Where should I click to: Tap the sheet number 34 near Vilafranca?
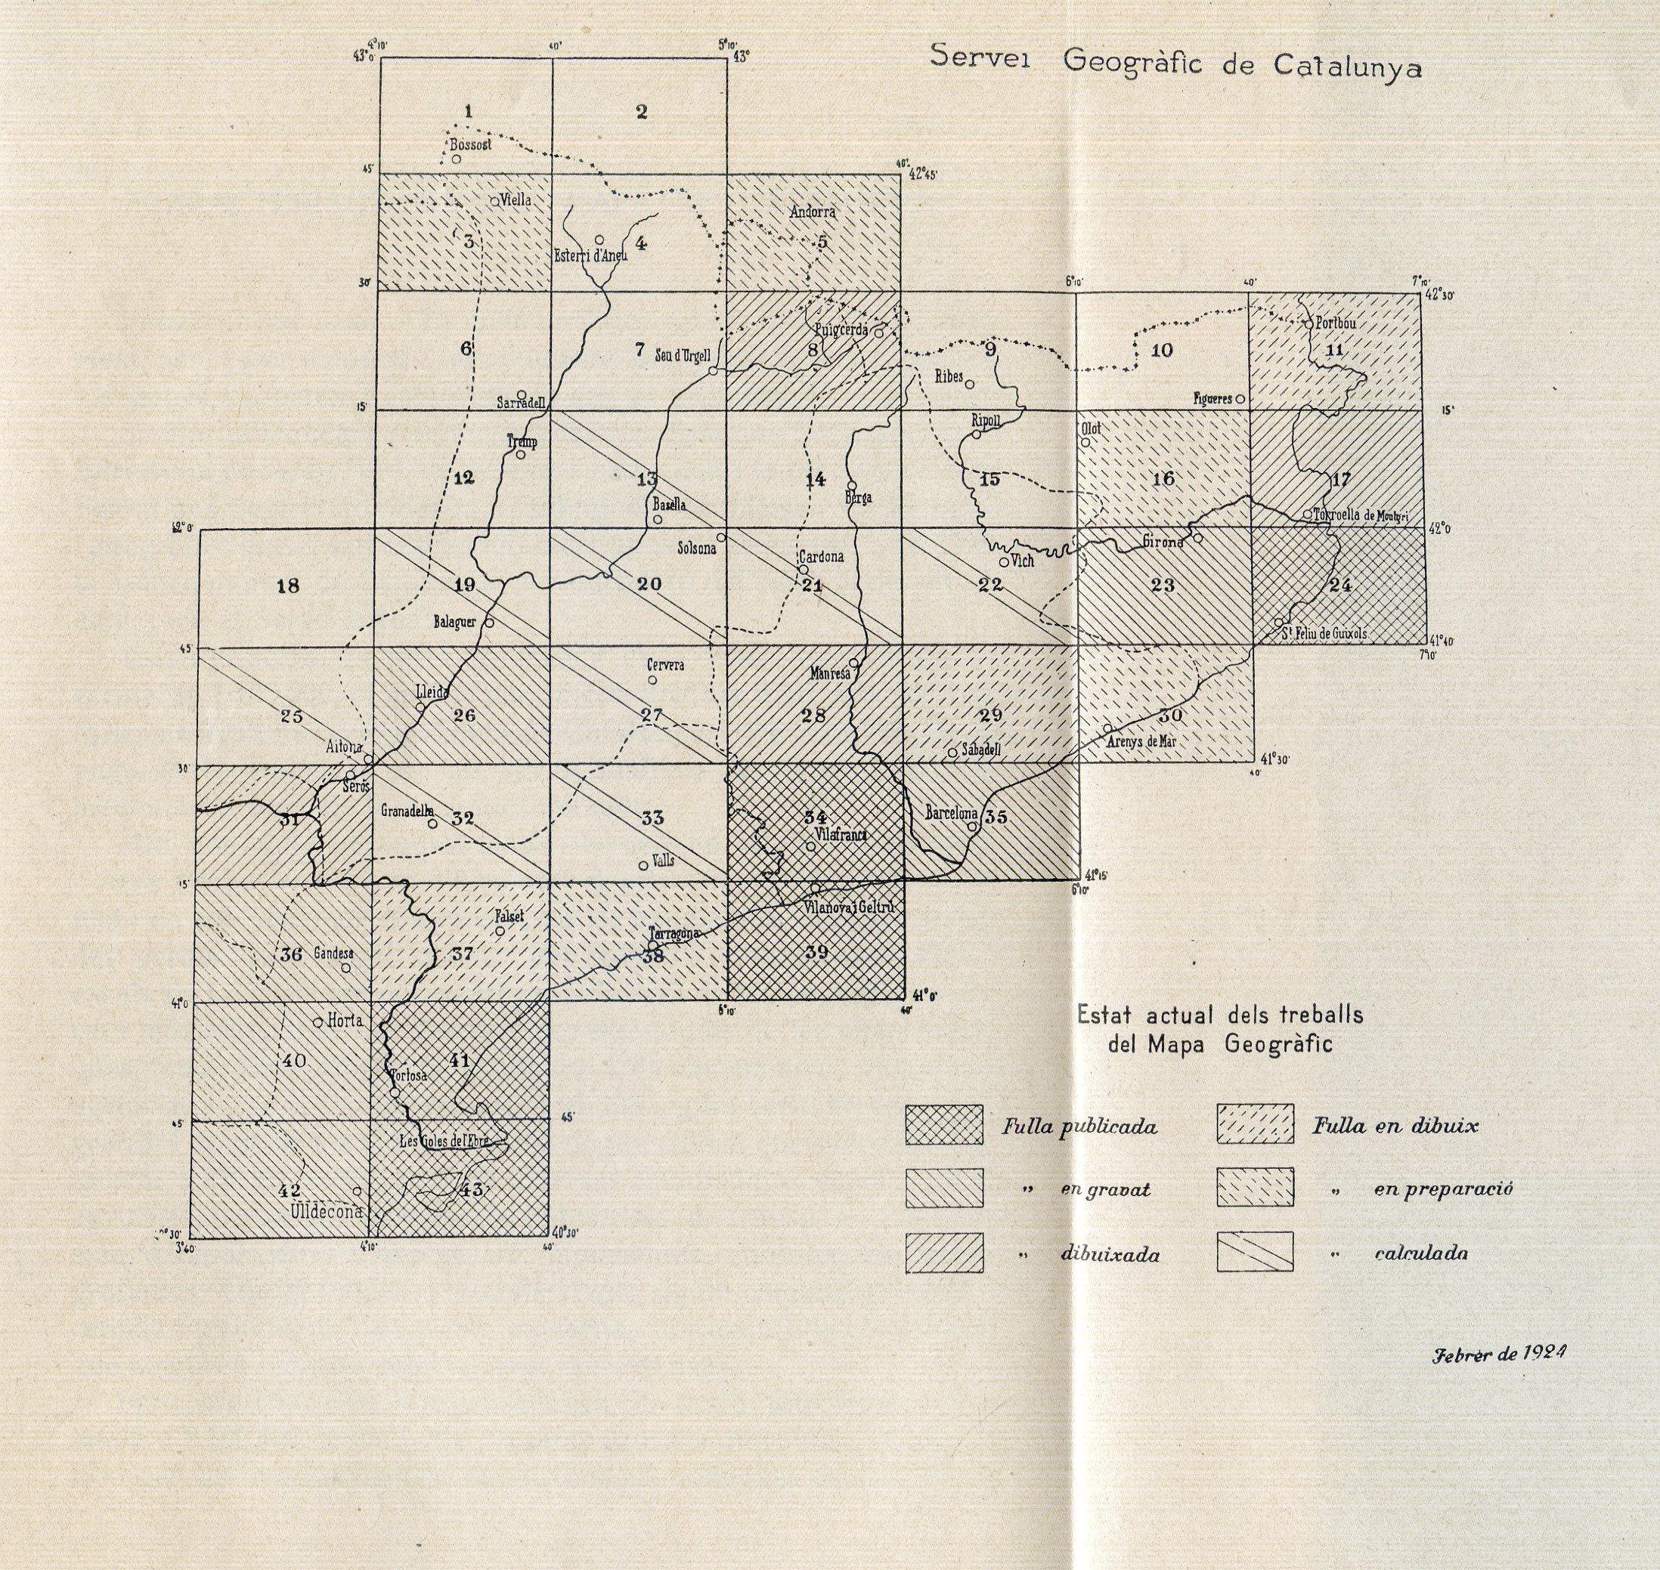[x=816, y=817]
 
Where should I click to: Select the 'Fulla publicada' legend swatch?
[x=943, y=1125]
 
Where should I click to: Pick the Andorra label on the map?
[x=813, y=212]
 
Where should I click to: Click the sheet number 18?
[x=287, y=586]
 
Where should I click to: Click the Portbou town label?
[x=1336, y=323]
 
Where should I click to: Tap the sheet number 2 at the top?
[x=641, y=111]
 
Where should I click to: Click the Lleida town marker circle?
[x=421, y=707]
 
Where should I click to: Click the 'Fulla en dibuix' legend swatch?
[x=1255, y=1125]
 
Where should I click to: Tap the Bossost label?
[x=470, y=145]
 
